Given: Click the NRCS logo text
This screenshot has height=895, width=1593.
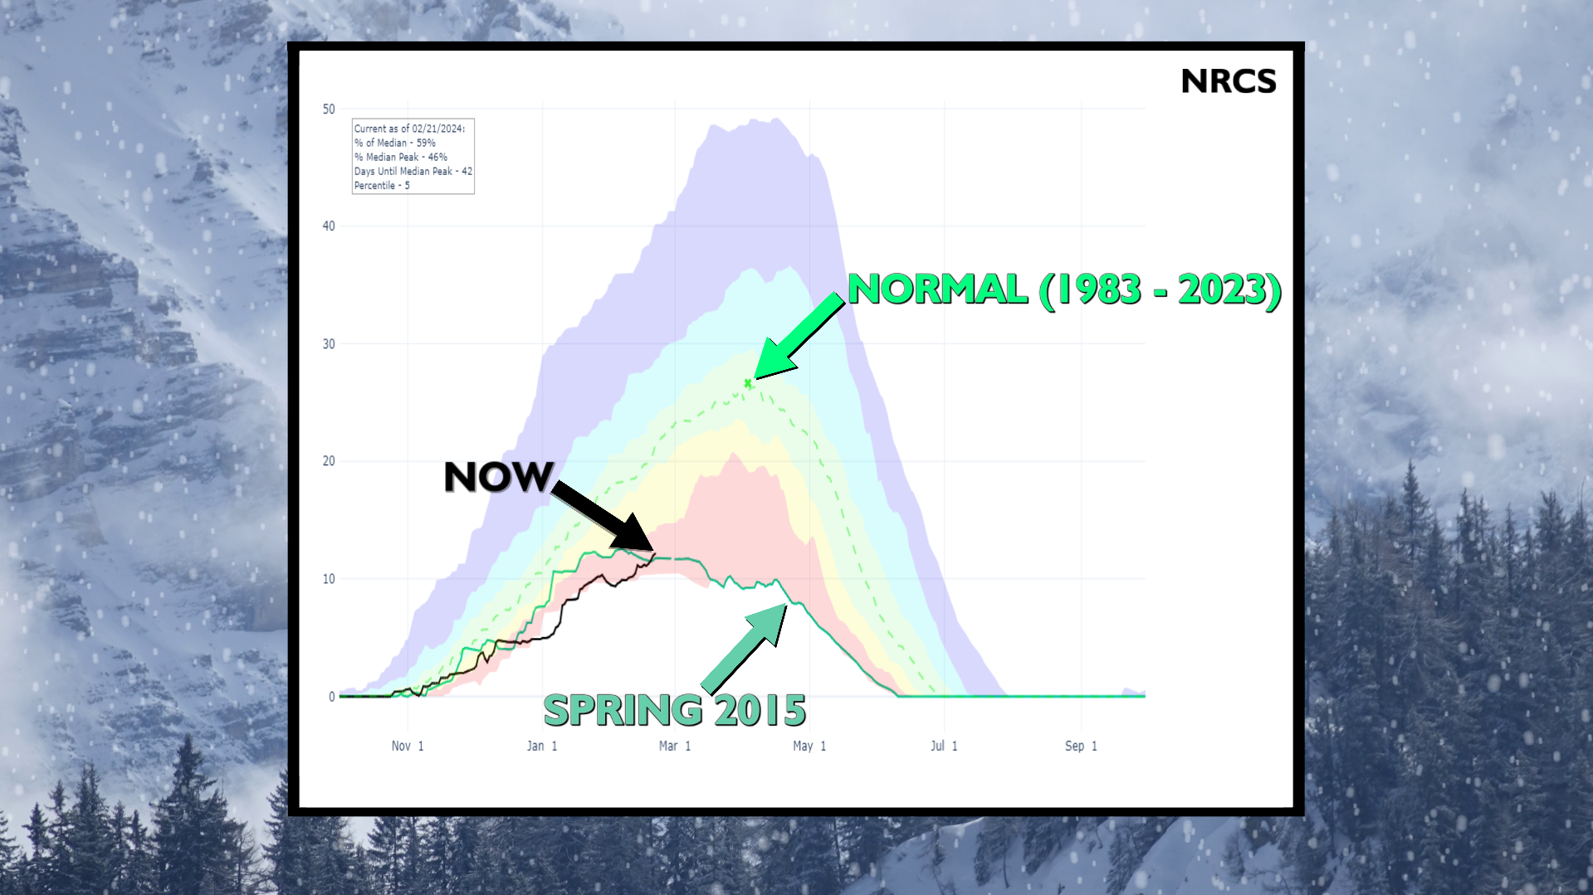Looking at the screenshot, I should click(x=1228, y=81).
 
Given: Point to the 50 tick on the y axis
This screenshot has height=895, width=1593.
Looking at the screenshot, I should click(x=329, y=109).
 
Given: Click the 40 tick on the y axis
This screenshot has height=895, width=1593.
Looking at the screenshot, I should click(x=329, y=226).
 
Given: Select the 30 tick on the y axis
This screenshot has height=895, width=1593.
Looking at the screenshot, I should click(x=329, y=343).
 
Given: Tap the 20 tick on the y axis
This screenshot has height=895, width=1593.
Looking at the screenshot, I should click(x=329, y=461).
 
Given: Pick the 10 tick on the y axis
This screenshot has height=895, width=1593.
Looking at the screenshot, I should click(x=329, y=579).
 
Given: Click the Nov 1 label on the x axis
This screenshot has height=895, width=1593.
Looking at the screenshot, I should click(x=408, y=746).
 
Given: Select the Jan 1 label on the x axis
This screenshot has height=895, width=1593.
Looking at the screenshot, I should click(x=542, y=746).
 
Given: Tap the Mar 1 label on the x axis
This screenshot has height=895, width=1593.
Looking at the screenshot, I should click(x=675, y=746).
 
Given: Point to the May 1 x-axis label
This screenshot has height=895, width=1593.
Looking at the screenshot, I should click(x=809, y=746).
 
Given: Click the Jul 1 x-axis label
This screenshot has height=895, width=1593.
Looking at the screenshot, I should click(x=944, y=746).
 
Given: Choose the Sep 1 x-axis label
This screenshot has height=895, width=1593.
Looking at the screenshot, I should click(x=1081, y=746).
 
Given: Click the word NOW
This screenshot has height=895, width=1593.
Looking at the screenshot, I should click(x=498, y=477).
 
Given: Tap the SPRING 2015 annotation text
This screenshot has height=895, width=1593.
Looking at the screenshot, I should click(x=674, y=711).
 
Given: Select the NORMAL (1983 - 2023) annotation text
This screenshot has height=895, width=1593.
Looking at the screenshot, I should click(x=1064, y=289).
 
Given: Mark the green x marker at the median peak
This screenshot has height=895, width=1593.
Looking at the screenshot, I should click(x=748, y=383).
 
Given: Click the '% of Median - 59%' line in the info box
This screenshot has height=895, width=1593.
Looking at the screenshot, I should click(x=395, y=143).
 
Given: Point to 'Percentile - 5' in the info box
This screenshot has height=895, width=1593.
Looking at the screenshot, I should click(x=382, y=185).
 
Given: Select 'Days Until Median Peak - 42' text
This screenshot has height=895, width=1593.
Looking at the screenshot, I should click(x=413, y=171).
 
